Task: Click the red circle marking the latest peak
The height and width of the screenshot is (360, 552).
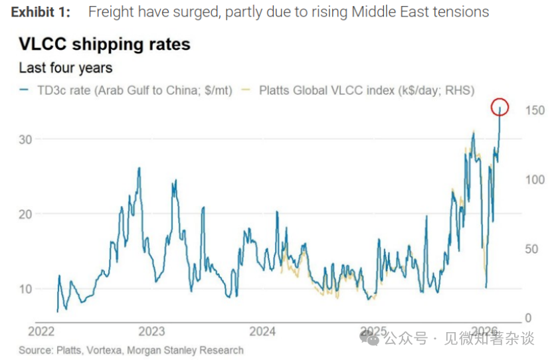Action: pos(501,106)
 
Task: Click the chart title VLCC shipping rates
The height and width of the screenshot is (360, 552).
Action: pos(104,45)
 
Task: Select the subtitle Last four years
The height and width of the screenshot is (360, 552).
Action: pos(65,68)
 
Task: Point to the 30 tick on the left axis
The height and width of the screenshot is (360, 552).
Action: pos(25,139)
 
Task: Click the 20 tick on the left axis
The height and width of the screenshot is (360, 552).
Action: pos(25,214)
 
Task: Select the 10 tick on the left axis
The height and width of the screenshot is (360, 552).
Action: pos(25,288)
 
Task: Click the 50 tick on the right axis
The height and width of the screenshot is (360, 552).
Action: pos(531,249)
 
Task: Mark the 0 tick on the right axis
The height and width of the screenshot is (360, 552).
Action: pos(528,318)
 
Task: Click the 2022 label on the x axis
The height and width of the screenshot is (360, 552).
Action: pos(41,331)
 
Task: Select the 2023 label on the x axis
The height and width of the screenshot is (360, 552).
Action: pos(151,331)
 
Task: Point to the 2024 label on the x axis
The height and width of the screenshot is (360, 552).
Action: pos(262,331)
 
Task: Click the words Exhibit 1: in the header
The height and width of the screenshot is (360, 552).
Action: pos(41,12)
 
